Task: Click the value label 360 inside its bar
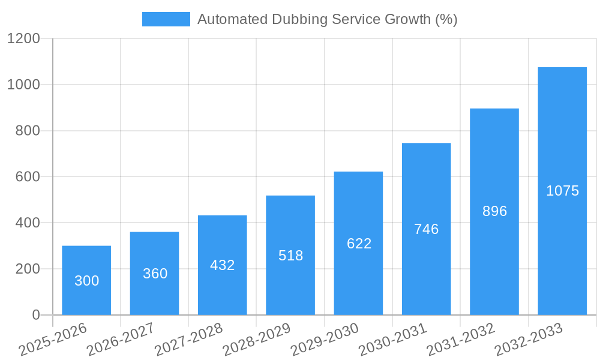[x=155, y=274]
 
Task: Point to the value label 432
[x=223, y=265]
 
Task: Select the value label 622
[x=359, y=244]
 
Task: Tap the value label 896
[x=494, y=211]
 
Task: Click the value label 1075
[x=562, y=191]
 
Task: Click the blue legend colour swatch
[x=166, y=19]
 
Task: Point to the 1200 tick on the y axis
[x=23, y=39]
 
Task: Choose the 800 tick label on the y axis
[x=28, y=131]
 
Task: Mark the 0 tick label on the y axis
[x=35, y=315]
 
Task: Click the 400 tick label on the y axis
[x=28, y=223]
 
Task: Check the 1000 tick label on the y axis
[x=23, y=85]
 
